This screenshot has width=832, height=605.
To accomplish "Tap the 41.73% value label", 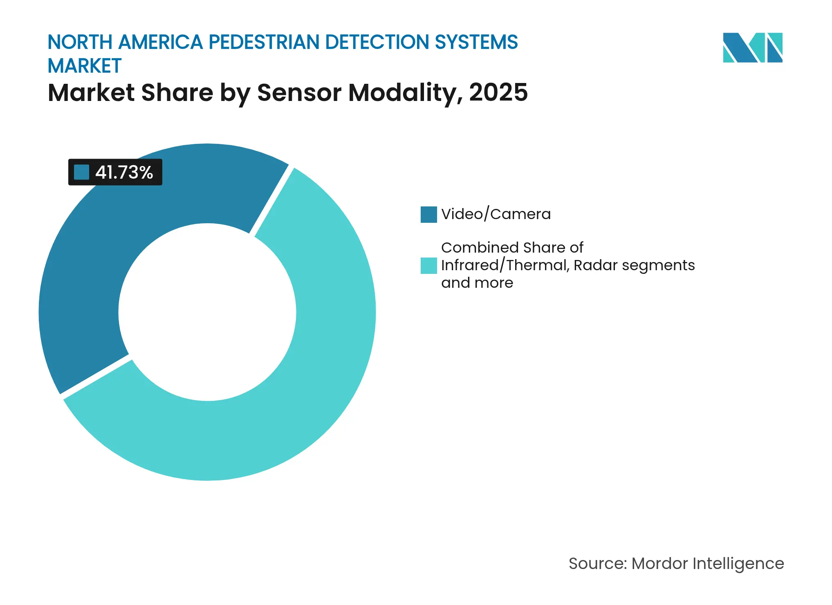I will (x=124, y=173).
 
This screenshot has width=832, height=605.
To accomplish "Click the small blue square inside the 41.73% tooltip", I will (x=81, y=172).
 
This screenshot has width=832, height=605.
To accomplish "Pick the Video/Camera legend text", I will (x=496, y=214).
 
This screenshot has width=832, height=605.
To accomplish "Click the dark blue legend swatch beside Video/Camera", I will (x=428, y=215).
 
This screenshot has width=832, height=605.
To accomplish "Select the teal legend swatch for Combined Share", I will (x=428, y=265).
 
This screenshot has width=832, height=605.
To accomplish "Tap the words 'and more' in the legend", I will (x=477, y=283).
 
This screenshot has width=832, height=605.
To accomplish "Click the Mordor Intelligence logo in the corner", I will (x=752, y=48).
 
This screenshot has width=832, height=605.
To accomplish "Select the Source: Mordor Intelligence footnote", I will (x=676, y=563).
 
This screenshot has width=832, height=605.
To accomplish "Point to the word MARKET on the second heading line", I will (x=85, y=66).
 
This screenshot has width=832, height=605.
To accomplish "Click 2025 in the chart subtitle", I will (x=498, y=92).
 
